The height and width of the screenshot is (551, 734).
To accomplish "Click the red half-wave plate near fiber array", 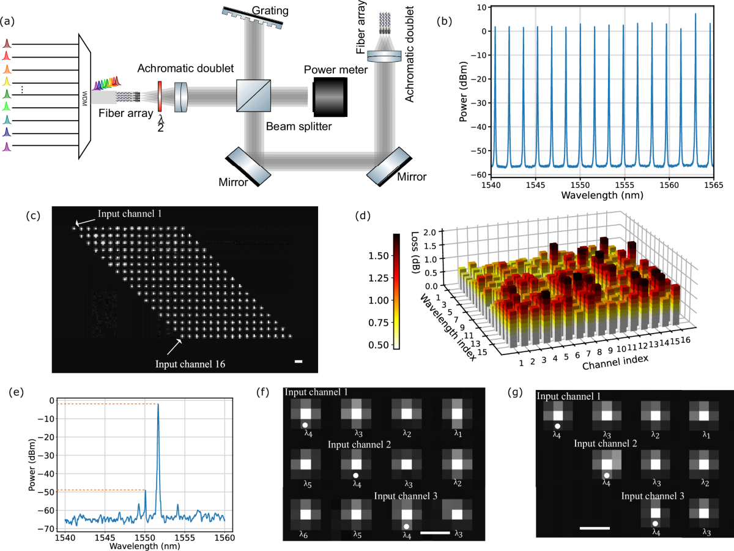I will coord(160,97).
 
